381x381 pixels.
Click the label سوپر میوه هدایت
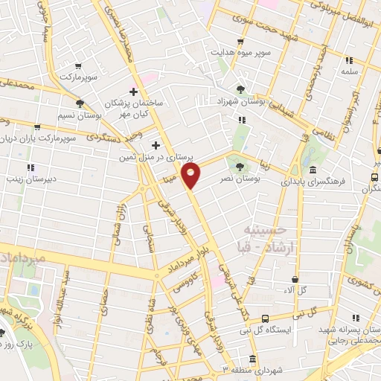click(242, 54)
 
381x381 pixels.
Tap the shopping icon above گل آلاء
click(295, 280)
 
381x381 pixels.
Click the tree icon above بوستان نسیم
click(79, 104)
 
